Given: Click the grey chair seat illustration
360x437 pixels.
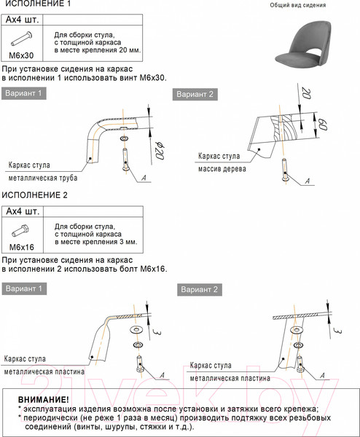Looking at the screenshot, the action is pyautogui.click(x=303, y=47).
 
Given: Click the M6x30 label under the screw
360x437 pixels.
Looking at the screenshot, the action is pyautogui.click(x=21, y=55).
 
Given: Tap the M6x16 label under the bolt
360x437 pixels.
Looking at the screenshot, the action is pyautogui.click(x=21, y=247).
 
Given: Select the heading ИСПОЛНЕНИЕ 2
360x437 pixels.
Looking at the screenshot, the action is pyautogui.click(x=34, y=195).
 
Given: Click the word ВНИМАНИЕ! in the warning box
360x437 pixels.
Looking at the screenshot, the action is pyautogui.click(x=43, y=400).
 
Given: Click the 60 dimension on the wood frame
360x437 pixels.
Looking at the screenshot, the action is pyautogui.click(x=322, y=125).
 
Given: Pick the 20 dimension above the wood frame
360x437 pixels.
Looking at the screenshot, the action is pyautogui.click(x=306, y=94).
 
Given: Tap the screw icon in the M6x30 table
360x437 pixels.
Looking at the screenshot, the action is pyautogui.click(x=21, y=39).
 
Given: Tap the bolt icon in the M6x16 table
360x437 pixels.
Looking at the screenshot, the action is pyautogui.click(x=20, y=231).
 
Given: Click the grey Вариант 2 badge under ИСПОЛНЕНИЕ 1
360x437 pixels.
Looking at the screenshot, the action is pyautogui.click(x=195, y=95).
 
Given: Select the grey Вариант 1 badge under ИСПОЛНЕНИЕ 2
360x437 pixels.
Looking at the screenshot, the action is pyautogui.click(x=24, y=288).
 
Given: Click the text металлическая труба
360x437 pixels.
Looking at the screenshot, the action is pyautogui.click(x=43, y=178).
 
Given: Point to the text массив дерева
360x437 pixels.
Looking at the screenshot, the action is pyautogui.click(x=222, y=169).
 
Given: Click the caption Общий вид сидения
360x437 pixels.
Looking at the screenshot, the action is pyautogui.click(x=298, y=5).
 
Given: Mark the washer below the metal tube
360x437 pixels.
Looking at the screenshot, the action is pyautogui.click(x=124, y=138).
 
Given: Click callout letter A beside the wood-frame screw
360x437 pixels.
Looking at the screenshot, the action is pyautogui.click(x=308, y=181).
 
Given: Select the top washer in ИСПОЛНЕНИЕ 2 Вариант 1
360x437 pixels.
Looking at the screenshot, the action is pyautogui.click(x=136, y=330).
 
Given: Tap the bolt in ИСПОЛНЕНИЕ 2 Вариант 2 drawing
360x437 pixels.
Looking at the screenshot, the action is pyautogui.click(x=300, y=364).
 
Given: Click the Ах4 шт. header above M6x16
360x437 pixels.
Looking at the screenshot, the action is pyautogui.click(x=23, y=211).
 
